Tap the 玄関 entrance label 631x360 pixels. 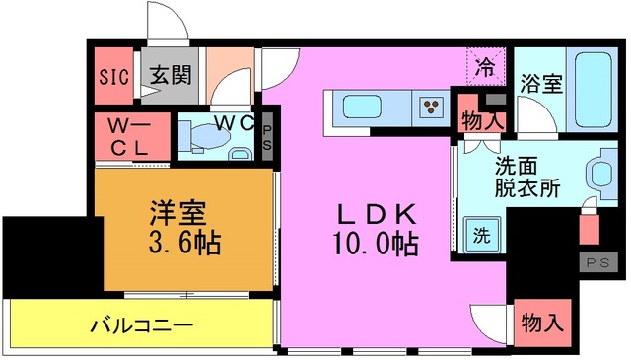pos(171,76)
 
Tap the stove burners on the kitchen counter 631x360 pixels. pos(431,105)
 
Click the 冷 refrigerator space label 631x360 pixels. pos(484,68)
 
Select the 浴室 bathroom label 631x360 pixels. pos(541,83)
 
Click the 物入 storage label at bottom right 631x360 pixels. pos(542,323)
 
